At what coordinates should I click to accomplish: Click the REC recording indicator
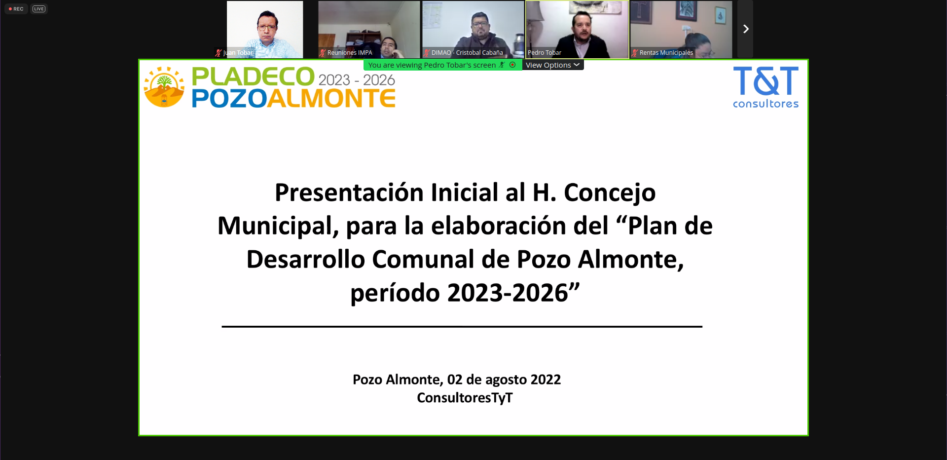pyautogui.click(x=16, y=9)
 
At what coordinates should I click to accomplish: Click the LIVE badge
pyautogui.click(x=39, y=9)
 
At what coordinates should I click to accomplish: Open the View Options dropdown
pyautogui.click(x=552, y=65)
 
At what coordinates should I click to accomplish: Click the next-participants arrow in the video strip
pyautogui.click(x=746, y=29)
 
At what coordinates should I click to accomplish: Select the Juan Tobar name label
pyautogui.click(x=238, y=53)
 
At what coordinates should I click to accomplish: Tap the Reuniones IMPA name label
pyautogui.click(x=350, y=53)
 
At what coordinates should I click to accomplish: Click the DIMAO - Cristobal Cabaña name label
pyautogui.click(x=467, y=53)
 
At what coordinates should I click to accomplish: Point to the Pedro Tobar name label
pyautogui.click(x=545, y=53)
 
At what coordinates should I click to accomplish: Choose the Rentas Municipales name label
pyautogui.click(x=666, y=53)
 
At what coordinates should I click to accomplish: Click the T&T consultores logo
pyautogui.click(x=765, y=87)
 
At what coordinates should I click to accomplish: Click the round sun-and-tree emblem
pyautogui.click(x=164, y=87)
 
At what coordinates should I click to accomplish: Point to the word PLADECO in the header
pyautogui.click(x=253, y=77)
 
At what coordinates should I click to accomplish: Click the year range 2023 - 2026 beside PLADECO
pyautogui.click(x=357, y=80)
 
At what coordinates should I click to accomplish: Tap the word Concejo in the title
pyautogui.click(x=610, y=193)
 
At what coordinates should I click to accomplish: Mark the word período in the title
pyautogui.click(x=395, y=293)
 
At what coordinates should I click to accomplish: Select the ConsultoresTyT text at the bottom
pyautogui.click(x=465, y=398)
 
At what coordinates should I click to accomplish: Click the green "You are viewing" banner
pyautogui.click(x=442, y=65)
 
